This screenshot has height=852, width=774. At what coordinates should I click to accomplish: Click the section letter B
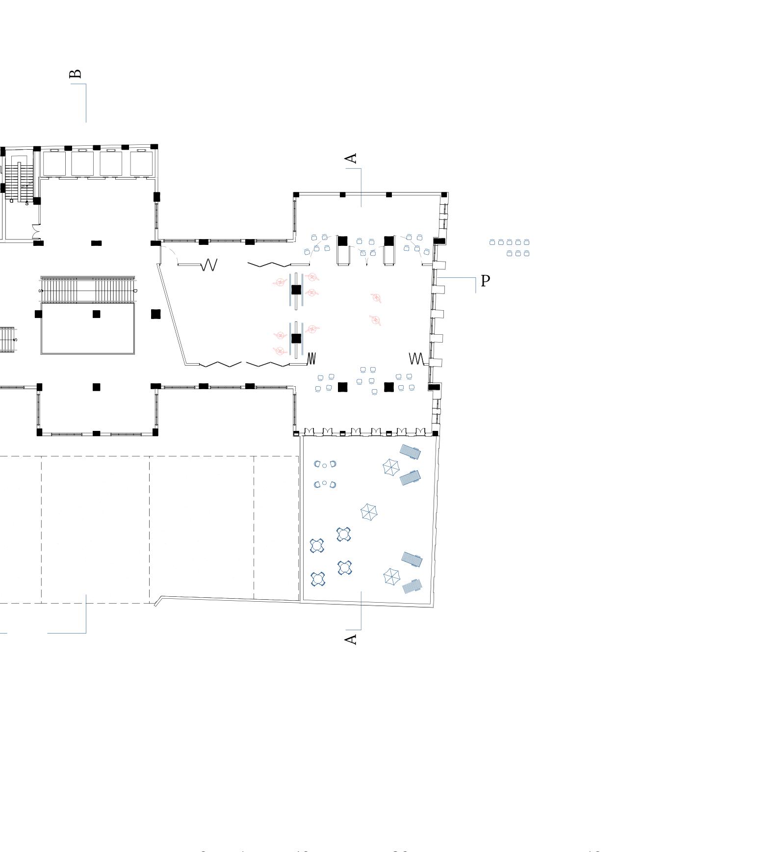(x=75, y=74)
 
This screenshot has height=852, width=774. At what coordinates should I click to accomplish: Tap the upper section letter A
(x=351, y=159)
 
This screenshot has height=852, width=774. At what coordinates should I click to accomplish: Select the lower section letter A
(x=351, y=639)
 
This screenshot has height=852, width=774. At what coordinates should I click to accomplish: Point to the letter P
(x=485, y=281)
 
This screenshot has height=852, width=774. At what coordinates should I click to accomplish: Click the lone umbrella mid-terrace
(x=369, y=512)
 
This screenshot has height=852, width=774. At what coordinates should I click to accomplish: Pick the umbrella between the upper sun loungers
(x=391, y=467)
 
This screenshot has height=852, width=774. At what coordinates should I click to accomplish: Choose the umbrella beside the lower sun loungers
(x=391, y=577)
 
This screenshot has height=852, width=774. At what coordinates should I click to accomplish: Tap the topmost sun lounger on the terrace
(x=410, y=452)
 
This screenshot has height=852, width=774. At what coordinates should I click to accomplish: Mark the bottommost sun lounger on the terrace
(x=412, y=586)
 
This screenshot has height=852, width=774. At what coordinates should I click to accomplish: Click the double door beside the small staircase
(x=36, y=232)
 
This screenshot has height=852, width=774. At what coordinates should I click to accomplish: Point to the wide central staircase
(x=88, y=290)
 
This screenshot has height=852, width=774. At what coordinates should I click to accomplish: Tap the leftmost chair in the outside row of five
(x=492, y=242)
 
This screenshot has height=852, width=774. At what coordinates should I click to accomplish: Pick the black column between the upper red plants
(x=296, y=290)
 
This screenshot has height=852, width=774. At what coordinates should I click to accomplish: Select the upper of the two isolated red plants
(x=376, y=298)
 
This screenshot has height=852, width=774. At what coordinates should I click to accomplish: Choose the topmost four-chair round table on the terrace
(x=343, y=534)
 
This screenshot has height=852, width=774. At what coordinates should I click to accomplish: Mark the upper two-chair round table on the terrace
(x=325, y=464)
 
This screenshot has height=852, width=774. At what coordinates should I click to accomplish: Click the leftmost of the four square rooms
(x=54, y=163)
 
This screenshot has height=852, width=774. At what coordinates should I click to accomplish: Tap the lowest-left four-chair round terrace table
(x=318, y=579)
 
